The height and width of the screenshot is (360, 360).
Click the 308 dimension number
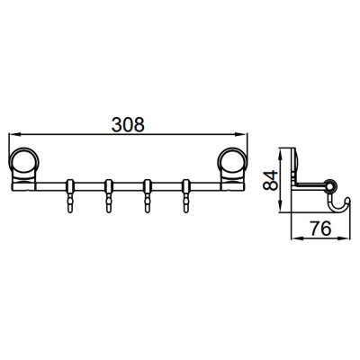coord(128,124)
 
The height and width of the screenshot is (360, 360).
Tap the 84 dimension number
coord(269,181)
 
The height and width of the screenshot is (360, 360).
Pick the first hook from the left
coord(70,196)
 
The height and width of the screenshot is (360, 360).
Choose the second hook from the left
coord(109,196)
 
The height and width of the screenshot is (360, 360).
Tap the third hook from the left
coord(148,196)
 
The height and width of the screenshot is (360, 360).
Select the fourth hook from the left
coord(186,196)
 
